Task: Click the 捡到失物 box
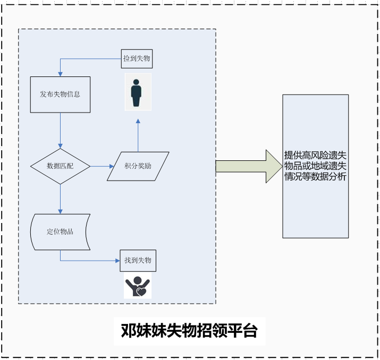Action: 137,59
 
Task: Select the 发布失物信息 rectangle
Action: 60,95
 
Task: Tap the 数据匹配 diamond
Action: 60,166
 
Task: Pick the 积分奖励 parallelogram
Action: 138,166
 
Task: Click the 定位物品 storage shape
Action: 60,232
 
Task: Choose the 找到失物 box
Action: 138,260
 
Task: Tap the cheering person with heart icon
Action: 138,287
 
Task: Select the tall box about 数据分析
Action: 315,166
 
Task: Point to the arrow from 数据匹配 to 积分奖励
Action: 101,166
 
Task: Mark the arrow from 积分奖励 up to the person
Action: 138,135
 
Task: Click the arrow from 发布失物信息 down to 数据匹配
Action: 60,130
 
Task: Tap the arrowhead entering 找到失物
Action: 116,260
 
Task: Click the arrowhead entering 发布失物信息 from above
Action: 60,74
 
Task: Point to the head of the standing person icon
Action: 137,82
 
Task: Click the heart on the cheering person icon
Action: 141,292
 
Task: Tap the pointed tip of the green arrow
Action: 281,166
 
